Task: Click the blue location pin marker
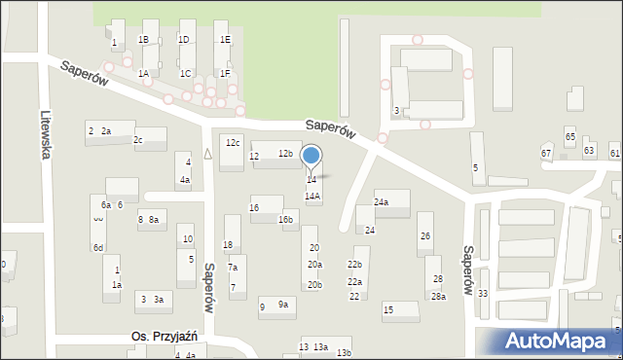(x=311, y=157)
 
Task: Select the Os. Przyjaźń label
(x=165, y=336)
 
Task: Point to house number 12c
(x=233, y=143)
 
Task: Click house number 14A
(x=312, y=196)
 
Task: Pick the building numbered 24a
(x=382, y=202)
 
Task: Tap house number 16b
(x=286, y=220)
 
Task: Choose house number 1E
(x=225, y=40)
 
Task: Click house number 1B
(x=143, y=40)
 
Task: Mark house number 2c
(x=138, y=140)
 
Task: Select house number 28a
(x=439, y=297)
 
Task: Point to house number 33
(x=483, y=293)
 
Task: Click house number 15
(x=387, y=309)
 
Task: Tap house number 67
(x=547, y=154)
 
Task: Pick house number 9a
(x=283, y=305)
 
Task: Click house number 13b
(x=344, y=352)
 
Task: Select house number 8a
(x=153, y=220)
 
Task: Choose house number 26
(x=424, y=236)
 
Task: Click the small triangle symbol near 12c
(x=207, y=153)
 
